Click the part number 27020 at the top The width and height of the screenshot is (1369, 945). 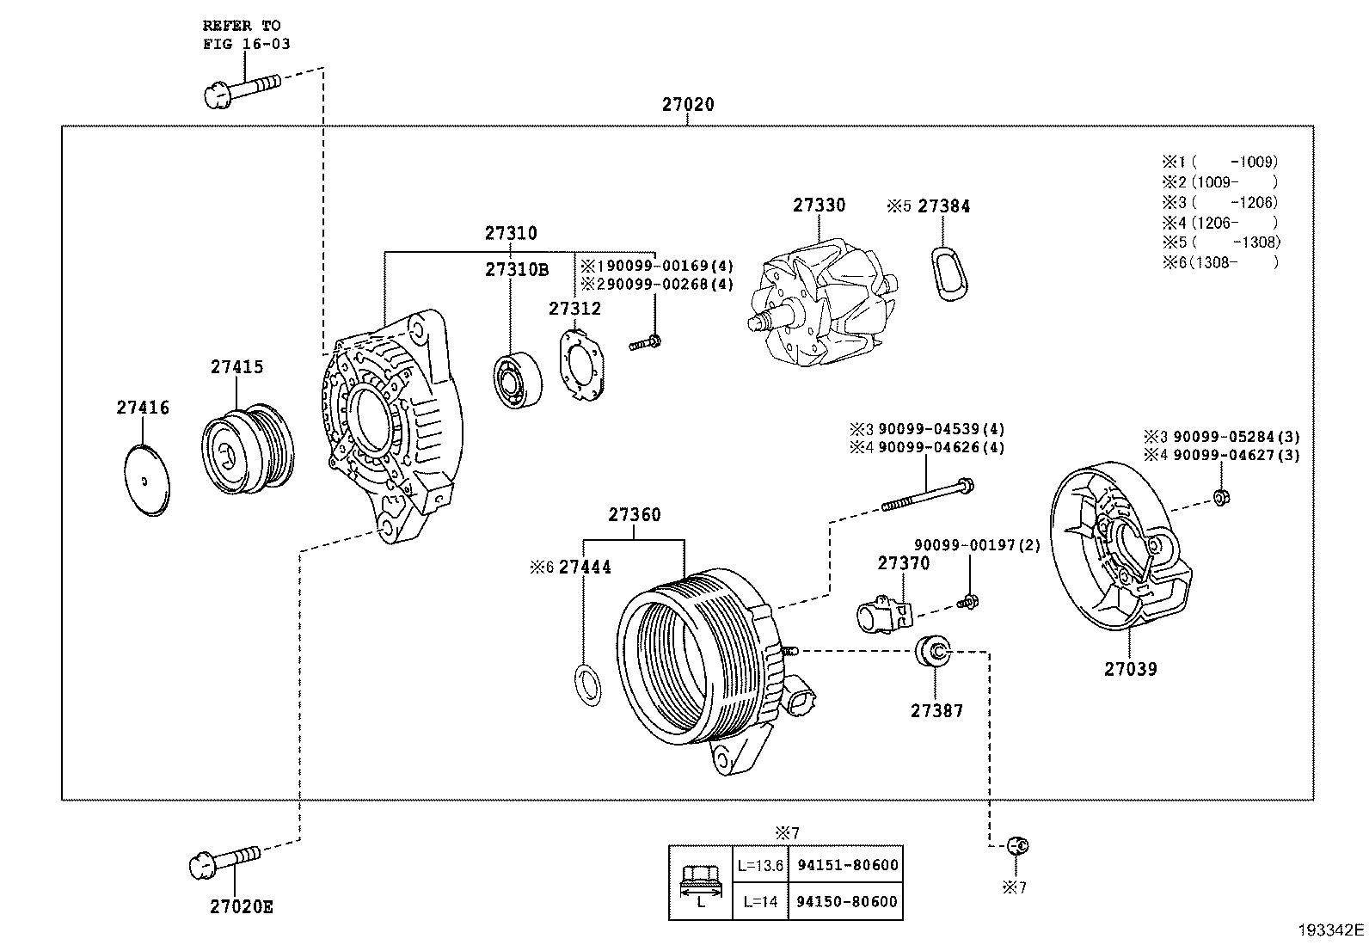click(687, 105)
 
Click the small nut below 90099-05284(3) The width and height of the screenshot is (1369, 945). click(1219, 495)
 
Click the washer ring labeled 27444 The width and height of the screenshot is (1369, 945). click(586, 685)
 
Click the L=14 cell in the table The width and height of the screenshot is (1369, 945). click(759, 901)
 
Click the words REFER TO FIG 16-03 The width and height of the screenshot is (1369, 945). click(245, 35)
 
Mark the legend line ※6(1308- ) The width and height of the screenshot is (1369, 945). click(1219, 262)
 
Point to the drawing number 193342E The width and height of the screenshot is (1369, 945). click(1331, 930)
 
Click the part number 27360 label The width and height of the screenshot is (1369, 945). click(635, 515)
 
